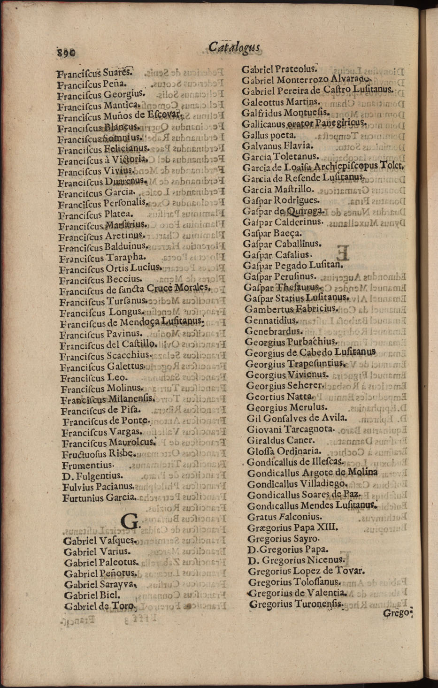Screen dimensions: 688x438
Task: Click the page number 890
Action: [68, 53]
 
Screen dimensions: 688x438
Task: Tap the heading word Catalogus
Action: [234, 47]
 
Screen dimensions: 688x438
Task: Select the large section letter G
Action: [130, 521]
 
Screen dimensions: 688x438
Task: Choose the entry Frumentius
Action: [88, 465]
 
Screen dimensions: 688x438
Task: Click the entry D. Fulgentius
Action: [92, 476]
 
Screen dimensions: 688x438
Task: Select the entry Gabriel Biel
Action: [92, 595]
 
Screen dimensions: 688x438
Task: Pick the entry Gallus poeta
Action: [269, 135]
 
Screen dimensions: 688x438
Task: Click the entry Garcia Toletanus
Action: [280, 156]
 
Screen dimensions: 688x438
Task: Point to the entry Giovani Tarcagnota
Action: [291, 429]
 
